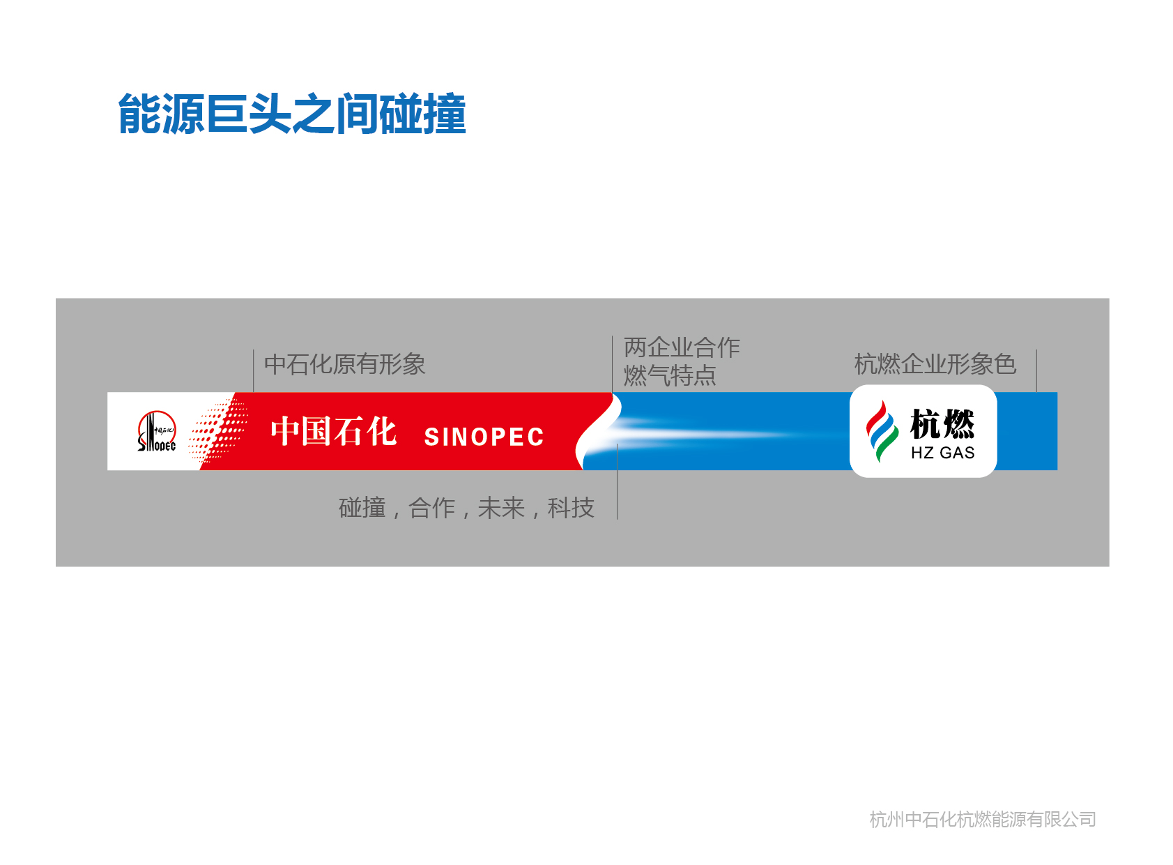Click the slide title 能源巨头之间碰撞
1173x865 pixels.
point(291,114)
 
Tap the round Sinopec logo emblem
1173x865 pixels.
point(157,431)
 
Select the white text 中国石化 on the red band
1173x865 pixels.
point(333,431)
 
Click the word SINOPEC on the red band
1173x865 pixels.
point(484,437)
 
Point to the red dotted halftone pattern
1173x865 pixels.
point(218,431)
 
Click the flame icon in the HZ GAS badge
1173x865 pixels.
point(882,431)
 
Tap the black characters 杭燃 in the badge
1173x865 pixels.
point(942,424)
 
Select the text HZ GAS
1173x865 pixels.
point(942,453)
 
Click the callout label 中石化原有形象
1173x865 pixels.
point(344,364)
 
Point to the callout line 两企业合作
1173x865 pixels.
point(682,347)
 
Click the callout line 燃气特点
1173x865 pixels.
point(670,375)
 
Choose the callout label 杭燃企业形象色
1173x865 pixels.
point(935,364)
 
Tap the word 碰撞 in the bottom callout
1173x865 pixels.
point(362,508)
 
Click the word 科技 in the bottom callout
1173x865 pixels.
point(571,508)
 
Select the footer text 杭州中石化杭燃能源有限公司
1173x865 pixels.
point(983,820)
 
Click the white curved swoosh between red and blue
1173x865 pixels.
point(599,431)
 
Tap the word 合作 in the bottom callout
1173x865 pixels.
point(432,508)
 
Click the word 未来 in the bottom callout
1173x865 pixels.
point(501,508)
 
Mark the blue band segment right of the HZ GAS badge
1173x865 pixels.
point(1027,431)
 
